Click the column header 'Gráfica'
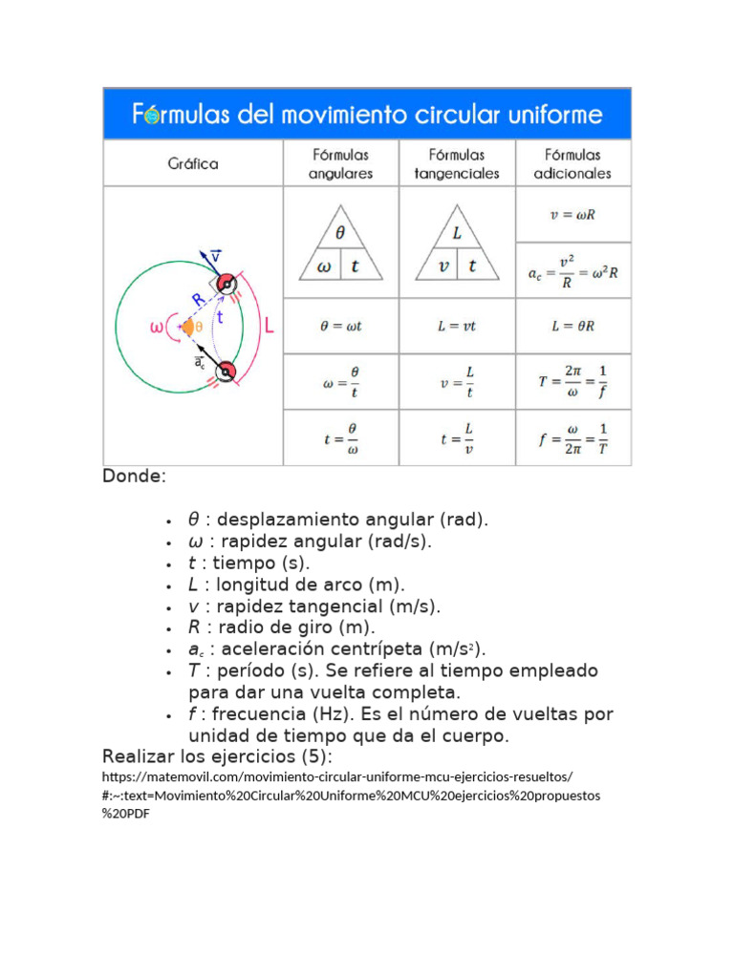coord(193,163)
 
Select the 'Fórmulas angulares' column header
coord(340,163)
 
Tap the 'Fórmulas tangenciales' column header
coord(457,163)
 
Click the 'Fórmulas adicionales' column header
coord(573,163)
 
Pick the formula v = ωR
coord(573,215)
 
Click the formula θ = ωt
coord(340,326)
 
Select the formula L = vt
coord(457,326)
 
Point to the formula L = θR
coord(573,326)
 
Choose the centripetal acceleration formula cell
coord(573,271)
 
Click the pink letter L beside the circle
coord(270,327)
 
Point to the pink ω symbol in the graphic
coord(157,329)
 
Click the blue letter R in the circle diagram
coord(197,300)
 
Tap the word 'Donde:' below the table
coord(134,476)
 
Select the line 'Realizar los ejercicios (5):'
coord(217,757)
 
